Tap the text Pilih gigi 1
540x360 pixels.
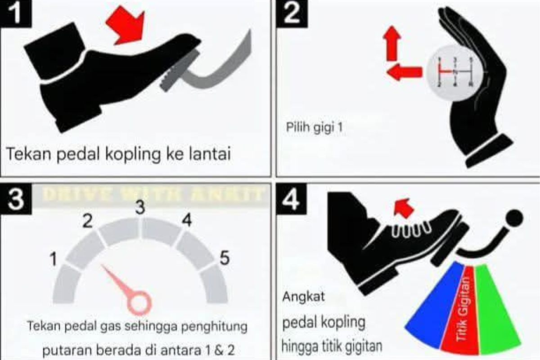pos(315,127)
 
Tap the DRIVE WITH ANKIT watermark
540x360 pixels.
pos(153,194)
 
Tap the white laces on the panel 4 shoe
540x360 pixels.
pos(407,230)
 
